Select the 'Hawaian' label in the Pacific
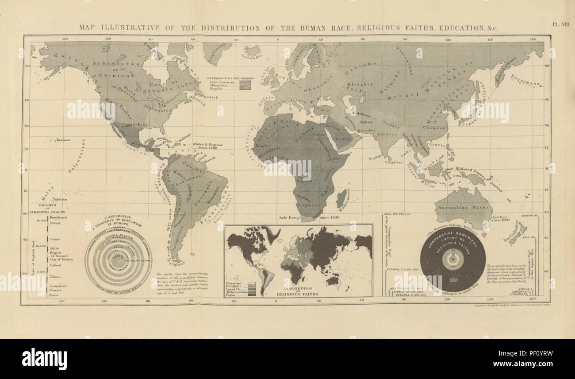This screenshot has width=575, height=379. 62,140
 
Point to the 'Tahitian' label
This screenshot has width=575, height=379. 59,200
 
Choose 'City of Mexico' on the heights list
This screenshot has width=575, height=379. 61,259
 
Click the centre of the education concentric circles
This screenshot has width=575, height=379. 118,261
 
